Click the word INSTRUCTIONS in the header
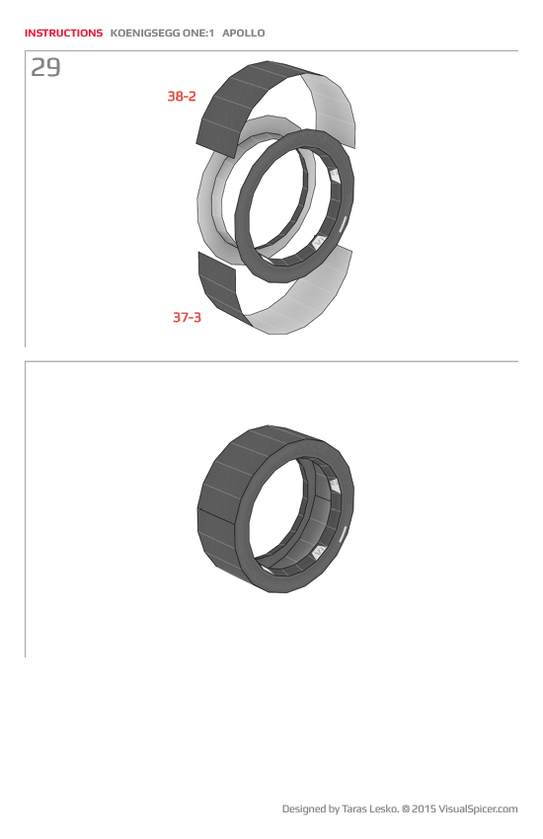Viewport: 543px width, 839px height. point(63,33)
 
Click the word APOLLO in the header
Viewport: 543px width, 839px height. point(244,33)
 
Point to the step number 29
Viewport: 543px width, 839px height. point(45,68)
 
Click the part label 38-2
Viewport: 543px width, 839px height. point(182,97)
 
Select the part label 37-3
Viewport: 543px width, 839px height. point(187,318)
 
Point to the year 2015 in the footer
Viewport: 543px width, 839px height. point(424,809)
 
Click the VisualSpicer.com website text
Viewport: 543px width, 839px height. point(479,809)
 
